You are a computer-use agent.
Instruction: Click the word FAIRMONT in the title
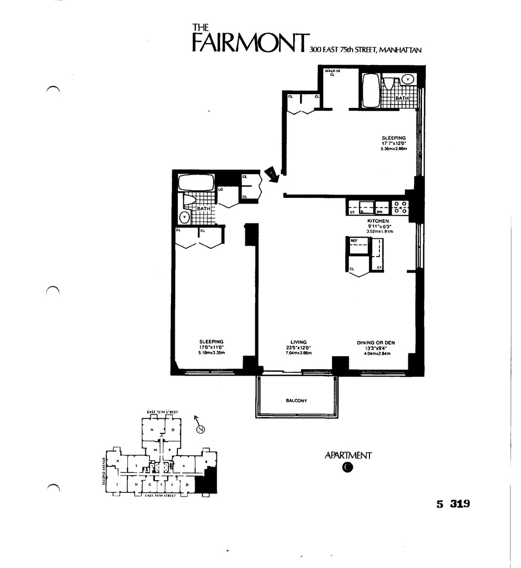249,43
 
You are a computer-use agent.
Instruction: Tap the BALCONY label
296,401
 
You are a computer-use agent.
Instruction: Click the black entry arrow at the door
272,175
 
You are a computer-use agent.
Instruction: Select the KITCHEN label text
378,221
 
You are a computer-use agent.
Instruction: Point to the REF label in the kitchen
354,240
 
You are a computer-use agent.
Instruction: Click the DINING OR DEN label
376,342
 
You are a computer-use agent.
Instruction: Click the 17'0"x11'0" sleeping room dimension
212,347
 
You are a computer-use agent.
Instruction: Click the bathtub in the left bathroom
196,182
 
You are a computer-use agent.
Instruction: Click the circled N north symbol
200,430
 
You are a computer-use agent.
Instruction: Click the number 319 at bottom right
458,503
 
